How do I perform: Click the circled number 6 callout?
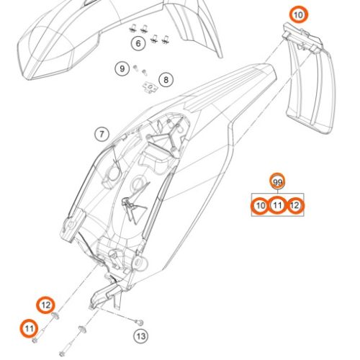pos(138,43)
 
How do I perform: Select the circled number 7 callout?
pos(102,134)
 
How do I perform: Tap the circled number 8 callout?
pos(166,80)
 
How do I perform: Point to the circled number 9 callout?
pos(122,69)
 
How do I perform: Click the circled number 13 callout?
pos(140,336)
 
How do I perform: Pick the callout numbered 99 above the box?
pos(277,182)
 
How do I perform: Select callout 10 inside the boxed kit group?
pos(260,206)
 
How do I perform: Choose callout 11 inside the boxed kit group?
pos(277,206)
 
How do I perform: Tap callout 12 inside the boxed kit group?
pos(295,206)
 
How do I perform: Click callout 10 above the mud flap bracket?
pos(298,15)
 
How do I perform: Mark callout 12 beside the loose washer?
pos(45,305)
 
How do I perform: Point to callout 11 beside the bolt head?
pos(29,328)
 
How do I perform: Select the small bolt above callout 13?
pos(139,323)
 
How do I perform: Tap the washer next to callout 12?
pos(55,316)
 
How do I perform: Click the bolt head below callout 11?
pos(35,340)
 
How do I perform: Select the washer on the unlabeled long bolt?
pos(82,329)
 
